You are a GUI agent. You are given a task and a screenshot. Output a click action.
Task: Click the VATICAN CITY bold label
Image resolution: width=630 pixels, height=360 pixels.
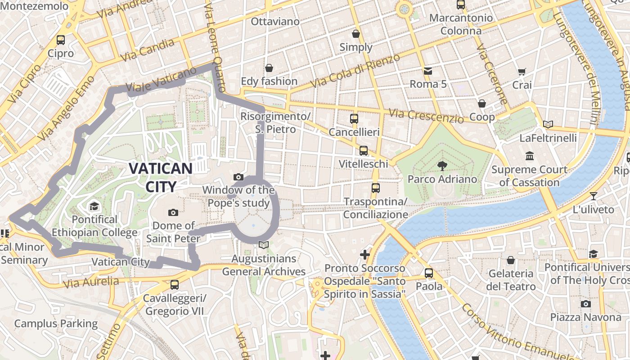click(x=161, y=177)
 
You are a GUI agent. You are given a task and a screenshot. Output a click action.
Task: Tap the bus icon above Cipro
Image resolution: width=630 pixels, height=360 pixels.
click(x=61, y=40)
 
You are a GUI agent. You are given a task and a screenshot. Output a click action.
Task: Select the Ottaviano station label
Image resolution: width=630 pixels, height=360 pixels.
click(x=275, y=21)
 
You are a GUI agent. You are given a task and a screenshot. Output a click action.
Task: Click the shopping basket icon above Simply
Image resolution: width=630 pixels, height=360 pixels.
click(x=356, y=34)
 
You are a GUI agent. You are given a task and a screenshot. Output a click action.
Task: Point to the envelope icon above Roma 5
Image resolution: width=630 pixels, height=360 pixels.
click(x=427, y=71)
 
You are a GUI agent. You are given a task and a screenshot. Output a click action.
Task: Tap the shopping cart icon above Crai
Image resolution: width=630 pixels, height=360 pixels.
click(x=522, y=72)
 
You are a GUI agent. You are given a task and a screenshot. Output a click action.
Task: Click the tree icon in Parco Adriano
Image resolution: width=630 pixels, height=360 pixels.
click(x=442, y=166)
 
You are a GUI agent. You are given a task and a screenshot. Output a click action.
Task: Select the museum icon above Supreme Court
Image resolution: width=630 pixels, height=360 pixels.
click(x=529, y=156)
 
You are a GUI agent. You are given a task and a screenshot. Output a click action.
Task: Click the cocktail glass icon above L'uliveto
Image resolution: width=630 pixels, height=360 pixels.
click(x=594, y=196)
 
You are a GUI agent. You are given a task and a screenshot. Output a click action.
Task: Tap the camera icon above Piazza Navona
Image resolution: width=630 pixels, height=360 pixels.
click(x=585, y=304)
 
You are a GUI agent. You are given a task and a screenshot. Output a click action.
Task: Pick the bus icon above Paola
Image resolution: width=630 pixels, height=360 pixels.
click(x=428, y=273)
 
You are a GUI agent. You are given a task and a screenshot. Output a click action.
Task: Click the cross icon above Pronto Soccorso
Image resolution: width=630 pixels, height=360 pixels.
click(x=365, y=255)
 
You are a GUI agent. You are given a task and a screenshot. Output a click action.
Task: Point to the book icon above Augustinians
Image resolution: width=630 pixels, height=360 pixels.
click(x=264, y=245)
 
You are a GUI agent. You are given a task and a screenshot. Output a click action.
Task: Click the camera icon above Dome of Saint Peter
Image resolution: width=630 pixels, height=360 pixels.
click(x=173, y=212)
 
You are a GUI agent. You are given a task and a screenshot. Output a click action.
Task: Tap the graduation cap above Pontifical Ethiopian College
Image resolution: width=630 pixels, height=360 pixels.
click(x=94, y=206)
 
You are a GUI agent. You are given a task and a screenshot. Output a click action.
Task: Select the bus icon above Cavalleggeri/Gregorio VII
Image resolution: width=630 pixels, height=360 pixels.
click(x=175, y=284)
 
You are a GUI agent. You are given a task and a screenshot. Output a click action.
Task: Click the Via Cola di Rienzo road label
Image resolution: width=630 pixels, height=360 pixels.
click(x=355, y=71)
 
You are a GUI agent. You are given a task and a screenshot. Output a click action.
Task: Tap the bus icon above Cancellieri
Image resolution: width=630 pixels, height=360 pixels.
click(x=354, y=119)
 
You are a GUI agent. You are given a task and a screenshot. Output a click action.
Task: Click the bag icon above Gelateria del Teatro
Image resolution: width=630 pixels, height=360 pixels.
click(x=511, y=260)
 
